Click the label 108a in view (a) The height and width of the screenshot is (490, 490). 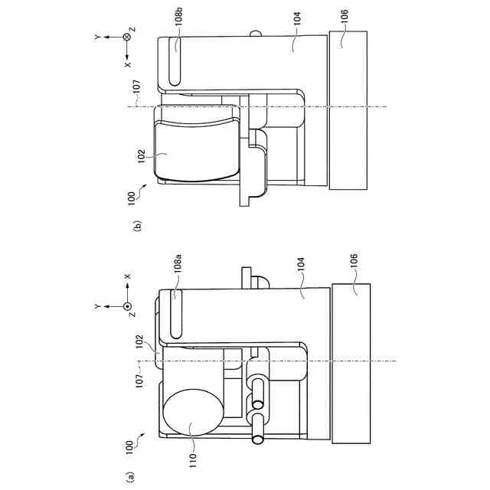click(x=178, y=264)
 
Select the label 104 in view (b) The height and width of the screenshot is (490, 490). click(x=297, y=18)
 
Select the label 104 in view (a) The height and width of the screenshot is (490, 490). click(x=300, y=265)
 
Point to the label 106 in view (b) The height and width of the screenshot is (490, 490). click(x=344, y=16)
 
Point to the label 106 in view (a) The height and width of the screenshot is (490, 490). click(x=353, y=261)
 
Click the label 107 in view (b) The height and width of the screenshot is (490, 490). click(x=137, y=87)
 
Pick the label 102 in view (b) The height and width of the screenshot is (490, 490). click(x=142, y=156)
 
